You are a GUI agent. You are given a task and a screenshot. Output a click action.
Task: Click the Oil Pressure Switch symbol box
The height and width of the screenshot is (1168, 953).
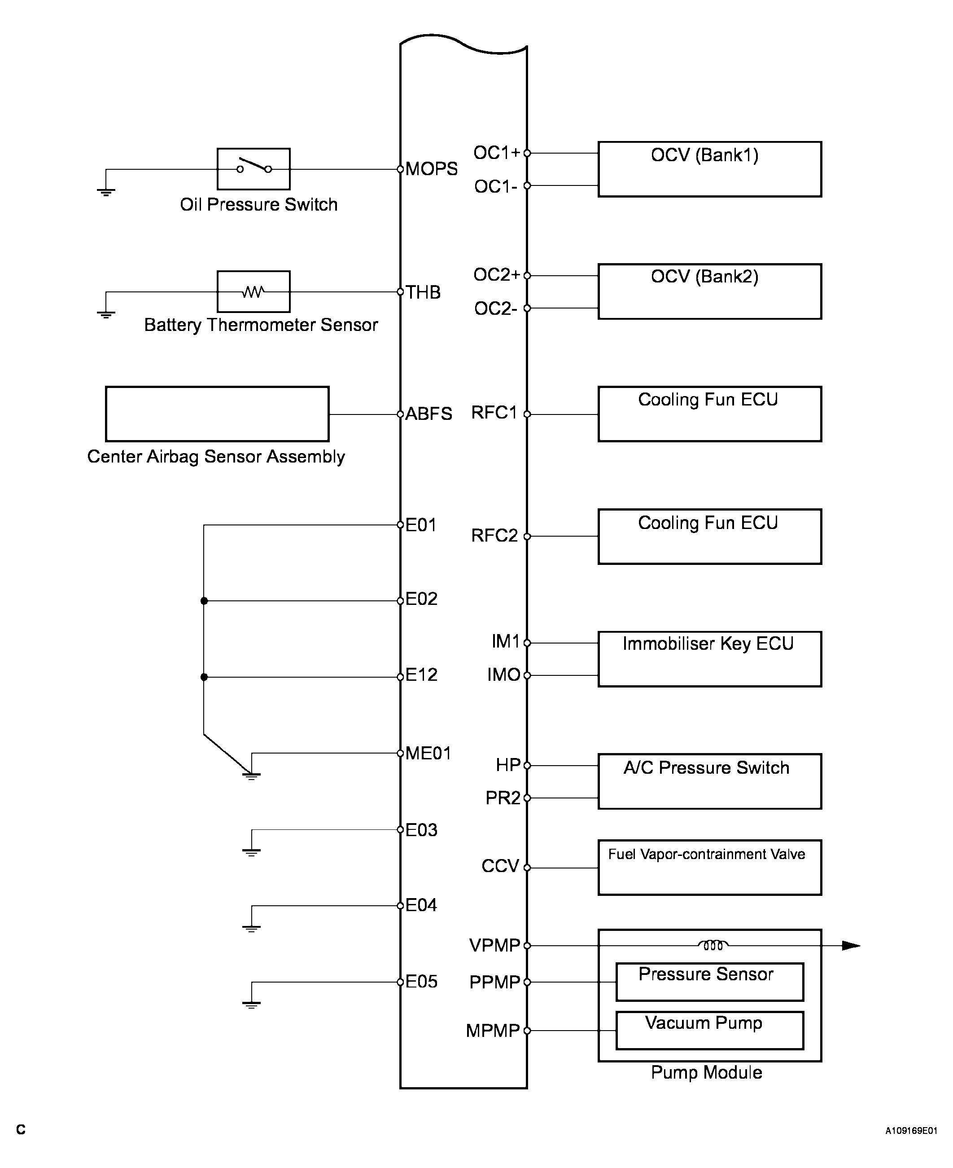click(x=253, y=169)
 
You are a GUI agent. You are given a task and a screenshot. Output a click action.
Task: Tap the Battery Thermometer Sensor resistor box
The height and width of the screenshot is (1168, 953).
click(x=253, y=291)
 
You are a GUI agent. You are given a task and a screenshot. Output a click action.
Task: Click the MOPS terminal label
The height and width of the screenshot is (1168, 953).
click(x=432, y=169)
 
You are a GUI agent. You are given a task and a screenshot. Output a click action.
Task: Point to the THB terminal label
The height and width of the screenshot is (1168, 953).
click(x=423, y=292)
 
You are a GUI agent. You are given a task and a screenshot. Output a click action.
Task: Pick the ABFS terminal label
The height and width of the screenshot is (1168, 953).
click(x=429, y=414)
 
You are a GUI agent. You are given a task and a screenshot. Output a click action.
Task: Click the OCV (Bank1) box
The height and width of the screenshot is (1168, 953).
click(x=709, y=169)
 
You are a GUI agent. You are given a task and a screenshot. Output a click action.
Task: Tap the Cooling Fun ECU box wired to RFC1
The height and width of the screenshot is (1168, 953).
click(x=709, y=414)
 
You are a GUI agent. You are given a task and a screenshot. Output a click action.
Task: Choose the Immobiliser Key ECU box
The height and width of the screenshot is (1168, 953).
click(x=709, y=659)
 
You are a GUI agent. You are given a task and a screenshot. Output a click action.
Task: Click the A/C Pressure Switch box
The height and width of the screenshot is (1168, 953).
click(x=709, y=781)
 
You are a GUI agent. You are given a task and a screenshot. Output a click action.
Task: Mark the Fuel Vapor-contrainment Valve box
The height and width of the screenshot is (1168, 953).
click(x=709, y=868)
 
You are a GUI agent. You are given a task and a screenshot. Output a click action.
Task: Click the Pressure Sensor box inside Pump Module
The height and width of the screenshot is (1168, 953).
click(x=709, y=982)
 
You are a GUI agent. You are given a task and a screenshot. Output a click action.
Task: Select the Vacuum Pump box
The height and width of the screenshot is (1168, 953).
click(x=709, y=1030)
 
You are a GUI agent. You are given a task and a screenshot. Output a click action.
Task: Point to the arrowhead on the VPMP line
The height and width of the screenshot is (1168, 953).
click(x=851, y=946)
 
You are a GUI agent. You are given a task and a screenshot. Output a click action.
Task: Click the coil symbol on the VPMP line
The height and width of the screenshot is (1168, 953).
click(x=713, y=945)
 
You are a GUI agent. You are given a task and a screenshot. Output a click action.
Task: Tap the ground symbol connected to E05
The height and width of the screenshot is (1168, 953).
click(x=251, y=1004)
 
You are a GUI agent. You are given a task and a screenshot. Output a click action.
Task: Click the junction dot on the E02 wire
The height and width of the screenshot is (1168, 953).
click(x=204, y=601)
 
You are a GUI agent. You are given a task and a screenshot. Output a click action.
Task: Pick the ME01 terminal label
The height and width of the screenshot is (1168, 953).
click(x=428, y=753)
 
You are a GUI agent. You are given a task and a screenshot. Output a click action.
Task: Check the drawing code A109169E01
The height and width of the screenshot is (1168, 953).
click(x=911, y=1131)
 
